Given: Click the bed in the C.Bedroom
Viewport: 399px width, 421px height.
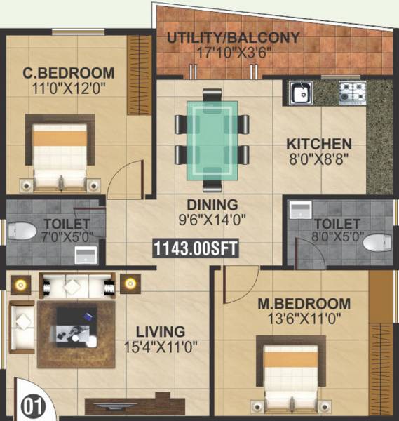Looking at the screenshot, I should [60, 153].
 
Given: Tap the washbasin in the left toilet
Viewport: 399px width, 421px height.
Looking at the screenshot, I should [85, 253].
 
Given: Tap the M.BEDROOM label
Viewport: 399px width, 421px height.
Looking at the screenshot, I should [304, 304].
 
